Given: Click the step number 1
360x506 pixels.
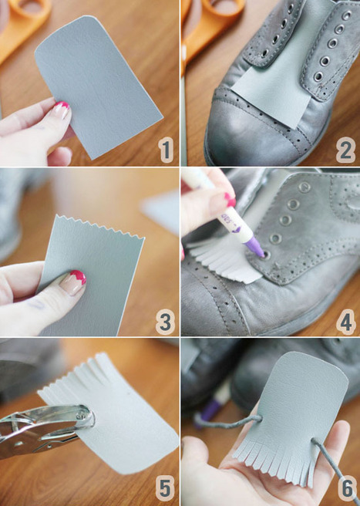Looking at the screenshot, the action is pyautogui.click(x=166, y=150).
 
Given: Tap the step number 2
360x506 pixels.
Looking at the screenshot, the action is pyautogui.click(x=345, y=150).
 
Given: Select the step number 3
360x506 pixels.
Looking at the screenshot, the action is pyautogui.click(x=165, y=322).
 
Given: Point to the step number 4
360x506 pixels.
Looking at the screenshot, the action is pyautogui.click(x=346, y=322).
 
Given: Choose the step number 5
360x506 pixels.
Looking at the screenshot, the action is pyautogui.click(x=165, y=488).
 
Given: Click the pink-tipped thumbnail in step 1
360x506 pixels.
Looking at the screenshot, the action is pyautogui.click(x=62, y=110).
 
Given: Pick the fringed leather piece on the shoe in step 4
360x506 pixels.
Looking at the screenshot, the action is pyautogui.click(x=226, y=258).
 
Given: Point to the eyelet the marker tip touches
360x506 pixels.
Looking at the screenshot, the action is pyautogui.click(x=267, y=255).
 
